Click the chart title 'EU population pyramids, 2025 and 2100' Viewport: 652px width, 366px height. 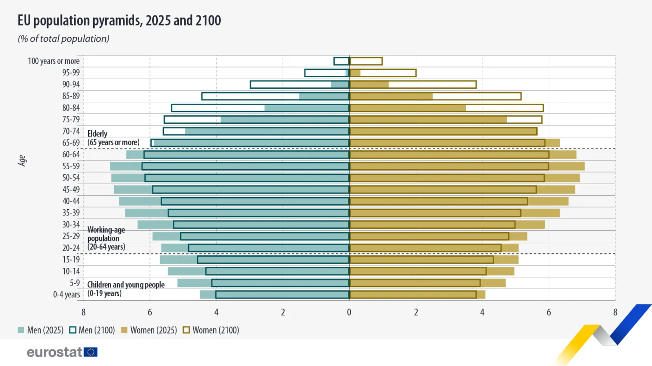[x=119, y=21]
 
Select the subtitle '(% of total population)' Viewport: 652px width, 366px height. [x=63, y=39]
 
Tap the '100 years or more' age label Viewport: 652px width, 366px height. [x=54, y=61]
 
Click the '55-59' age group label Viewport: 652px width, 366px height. [x=71, y=166]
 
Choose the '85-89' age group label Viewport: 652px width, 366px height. [x=71, y=96]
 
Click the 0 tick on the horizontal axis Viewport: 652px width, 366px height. [x=349, y=312]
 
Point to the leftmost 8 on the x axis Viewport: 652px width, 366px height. [x=83, y=312]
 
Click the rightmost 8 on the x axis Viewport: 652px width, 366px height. [x=615, y=312]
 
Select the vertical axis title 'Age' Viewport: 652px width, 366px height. [x=22, y=161]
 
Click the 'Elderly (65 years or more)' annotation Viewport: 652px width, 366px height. [x=113, y=138]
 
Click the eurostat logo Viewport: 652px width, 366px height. [x=62, y=352]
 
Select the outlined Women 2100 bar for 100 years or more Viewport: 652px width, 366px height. [x=366, y=61]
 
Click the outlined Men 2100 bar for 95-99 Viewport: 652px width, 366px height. [x=326, y=73]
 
